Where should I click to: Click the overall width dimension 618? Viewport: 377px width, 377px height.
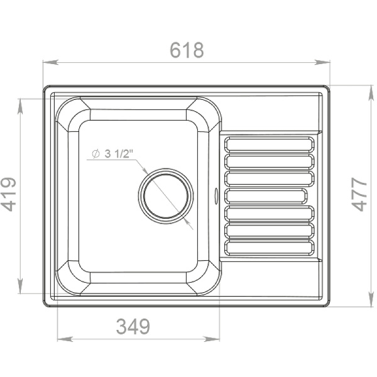click(x=187, y=50)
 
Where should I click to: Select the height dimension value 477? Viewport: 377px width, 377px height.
click(x=359, y=195)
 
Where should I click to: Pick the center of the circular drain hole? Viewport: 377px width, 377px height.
click(x=167, y=195)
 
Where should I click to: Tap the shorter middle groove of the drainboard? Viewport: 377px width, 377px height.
click(x=267, y=195)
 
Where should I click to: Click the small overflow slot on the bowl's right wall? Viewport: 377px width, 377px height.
click(x=218, y=195)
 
